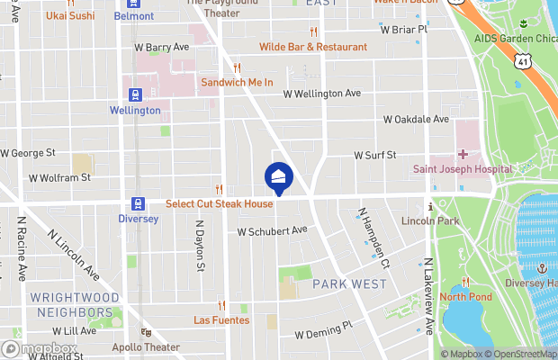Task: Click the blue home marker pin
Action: pos(278,177)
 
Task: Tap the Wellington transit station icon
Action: pos(135,94)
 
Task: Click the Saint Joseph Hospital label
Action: pos(463,169)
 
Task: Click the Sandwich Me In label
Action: pos(237,83)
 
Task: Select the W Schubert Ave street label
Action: pos(273,231)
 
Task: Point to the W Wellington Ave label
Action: pos(321,93)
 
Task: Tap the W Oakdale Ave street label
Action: pos(415,119)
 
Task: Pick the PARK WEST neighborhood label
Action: pos(349,284)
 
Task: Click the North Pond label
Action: pos(465,297)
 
